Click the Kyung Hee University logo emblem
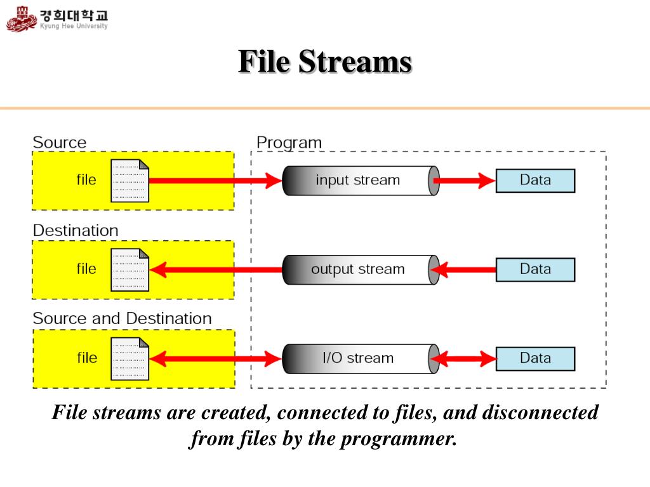[22, 19]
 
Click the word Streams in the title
[355, 62]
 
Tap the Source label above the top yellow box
[60, 143]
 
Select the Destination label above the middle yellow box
[76, 230]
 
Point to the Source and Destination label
[123, 318]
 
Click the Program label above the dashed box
[289, 143]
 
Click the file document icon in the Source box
[129, 181]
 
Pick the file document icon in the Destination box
[129, 269]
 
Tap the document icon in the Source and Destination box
[129, 359]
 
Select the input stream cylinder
[361, 181]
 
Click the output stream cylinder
[361, 269]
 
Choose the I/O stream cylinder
[361, 359]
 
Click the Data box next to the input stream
[535, 181]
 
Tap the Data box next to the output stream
[535, 269]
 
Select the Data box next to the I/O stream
[535, 359]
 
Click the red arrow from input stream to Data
[464, 181]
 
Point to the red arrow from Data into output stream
[463, 269]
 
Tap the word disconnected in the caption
[540, 412]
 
